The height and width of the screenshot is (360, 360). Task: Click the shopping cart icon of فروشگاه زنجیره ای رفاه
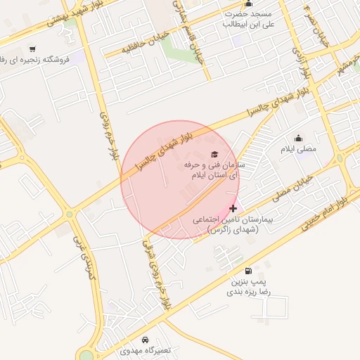click(33, 49)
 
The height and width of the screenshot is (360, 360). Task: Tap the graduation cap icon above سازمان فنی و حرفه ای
click(214, 154)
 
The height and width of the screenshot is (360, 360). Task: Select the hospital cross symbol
click(233, 209)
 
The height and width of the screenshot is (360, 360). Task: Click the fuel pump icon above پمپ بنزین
click(248, 271)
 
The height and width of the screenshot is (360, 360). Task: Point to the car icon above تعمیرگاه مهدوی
click(146, 340)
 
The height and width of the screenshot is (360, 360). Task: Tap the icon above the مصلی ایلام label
click(299, 138)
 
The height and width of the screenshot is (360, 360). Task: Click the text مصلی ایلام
click(299, 149)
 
